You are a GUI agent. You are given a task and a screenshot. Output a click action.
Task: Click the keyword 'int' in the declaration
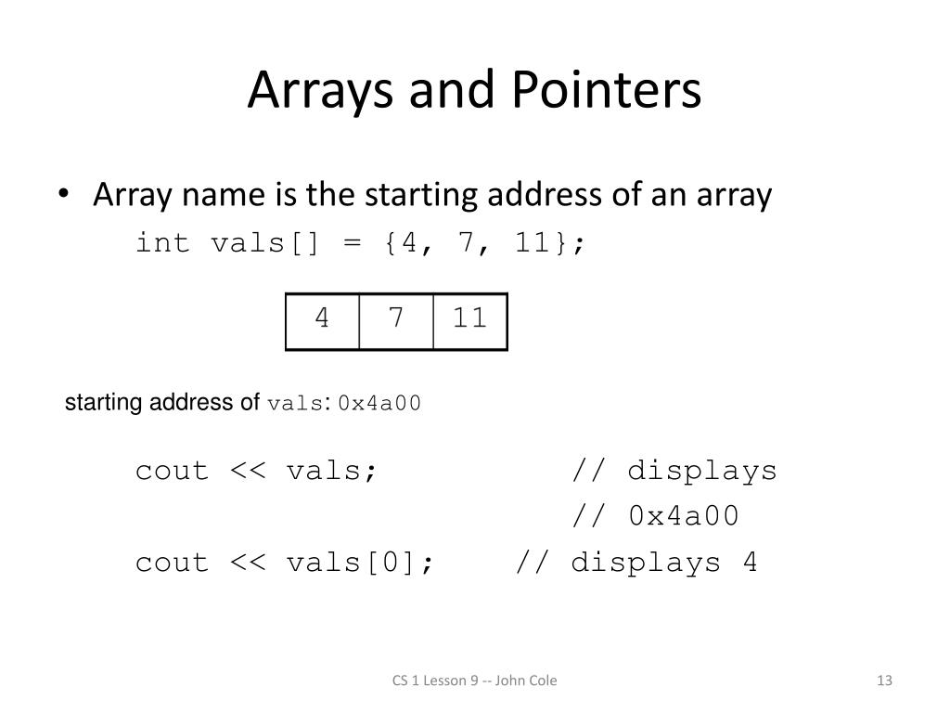[163, 243]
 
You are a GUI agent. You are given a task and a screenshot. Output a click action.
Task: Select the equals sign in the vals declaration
[350, 243]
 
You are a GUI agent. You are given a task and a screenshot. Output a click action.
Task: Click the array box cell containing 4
[322, 320]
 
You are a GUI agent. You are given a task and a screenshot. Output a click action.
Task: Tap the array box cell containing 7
[396, 320]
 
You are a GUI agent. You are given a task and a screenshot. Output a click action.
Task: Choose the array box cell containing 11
[470, 320]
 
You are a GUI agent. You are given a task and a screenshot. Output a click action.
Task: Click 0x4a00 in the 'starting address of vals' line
[379, 404]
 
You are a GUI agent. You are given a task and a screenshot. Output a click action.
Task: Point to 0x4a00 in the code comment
[684, 516]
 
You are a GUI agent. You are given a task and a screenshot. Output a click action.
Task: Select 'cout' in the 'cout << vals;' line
[173, 471]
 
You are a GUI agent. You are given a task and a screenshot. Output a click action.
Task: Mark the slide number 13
[883, 681]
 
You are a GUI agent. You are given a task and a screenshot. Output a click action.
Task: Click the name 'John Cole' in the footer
[526, 681]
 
